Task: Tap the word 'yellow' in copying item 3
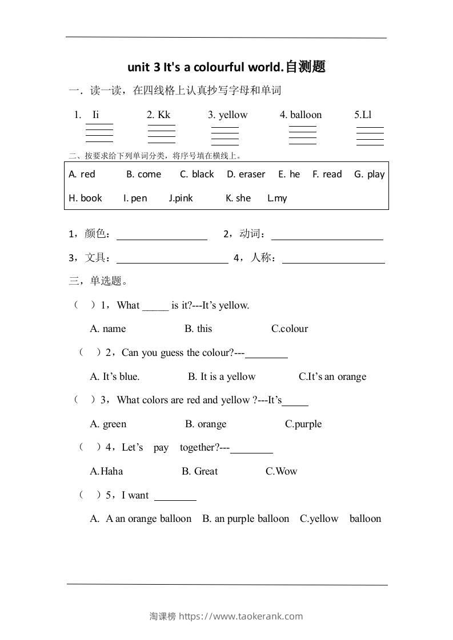click(233, 115)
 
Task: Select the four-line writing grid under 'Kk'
click(161, 134)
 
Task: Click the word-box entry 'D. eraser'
click(246, 175)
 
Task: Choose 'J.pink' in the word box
click(181, 199)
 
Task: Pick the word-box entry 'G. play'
click(369, 175)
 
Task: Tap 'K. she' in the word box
click(238, 199)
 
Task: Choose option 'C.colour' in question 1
click(290, 329)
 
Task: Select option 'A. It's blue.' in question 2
click(115, 376)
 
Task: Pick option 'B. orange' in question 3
click(206, 424)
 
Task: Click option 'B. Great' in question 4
click(199, 471)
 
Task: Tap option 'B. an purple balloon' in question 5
click(246, 519)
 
